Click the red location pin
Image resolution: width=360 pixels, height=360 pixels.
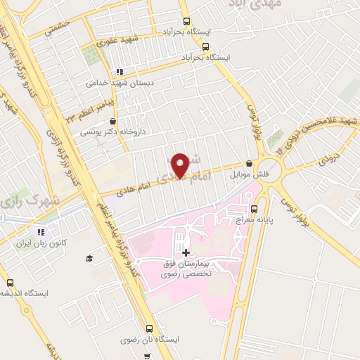pyautogui.click(x=180, y=165)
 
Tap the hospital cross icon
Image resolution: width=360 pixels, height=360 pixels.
pyautogui.click(x=186, y=252)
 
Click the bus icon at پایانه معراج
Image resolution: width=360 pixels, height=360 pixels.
pyautogui.click(x=255, y=209)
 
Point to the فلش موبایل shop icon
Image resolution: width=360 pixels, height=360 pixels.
pyautogui.click(x=250, y=162)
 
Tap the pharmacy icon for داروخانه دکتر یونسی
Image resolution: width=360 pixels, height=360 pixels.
pyautogui.click(x=112, y=122)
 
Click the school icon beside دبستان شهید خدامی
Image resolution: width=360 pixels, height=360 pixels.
pyautogui.click(x=120, y=72)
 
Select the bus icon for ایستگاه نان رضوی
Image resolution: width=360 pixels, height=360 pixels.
pyautogui.click(x=149, y=328)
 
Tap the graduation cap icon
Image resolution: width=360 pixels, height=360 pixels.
pyautogui.click(x=89, y=259)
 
